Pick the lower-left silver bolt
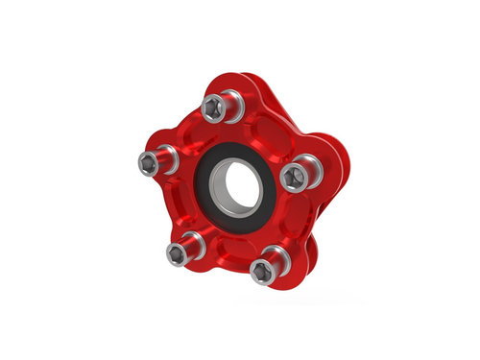(x=179, y=252)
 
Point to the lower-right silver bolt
(x=265, y=268)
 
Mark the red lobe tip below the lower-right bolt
(x=278, y=280)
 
